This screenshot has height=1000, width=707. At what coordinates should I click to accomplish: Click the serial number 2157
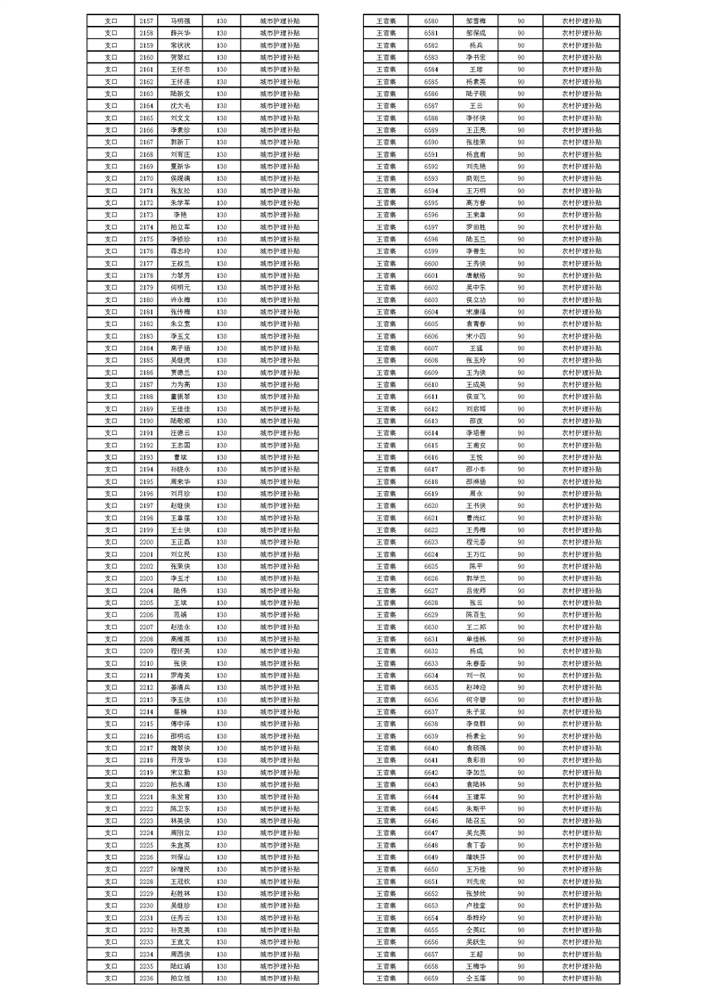[x=146, y=19]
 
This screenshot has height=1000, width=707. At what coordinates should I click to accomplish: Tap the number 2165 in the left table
[x=146, y=117]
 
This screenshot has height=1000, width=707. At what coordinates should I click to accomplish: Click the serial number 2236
[x=146, y=978]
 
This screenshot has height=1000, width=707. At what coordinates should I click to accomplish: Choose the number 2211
[x=146, y=675]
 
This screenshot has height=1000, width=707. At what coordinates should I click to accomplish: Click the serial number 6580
[x=432, y=19]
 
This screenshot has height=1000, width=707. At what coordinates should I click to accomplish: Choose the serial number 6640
[x=432, y=747]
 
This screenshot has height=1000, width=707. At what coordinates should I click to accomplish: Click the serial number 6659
[x=432, y=978]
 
